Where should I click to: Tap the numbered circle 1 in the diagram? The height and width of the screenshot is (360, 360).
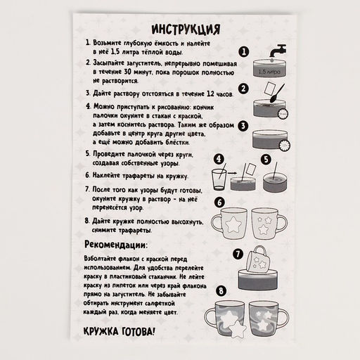coord(243,52)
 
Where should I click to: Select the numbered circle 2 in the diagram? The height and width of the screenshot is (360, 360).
coord(243,90)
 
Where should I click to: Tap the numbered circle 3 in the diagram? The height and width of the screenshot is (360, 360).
coord(243,127)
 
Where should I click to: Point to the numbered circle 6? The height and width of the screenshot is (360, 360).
coord(219,202)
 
